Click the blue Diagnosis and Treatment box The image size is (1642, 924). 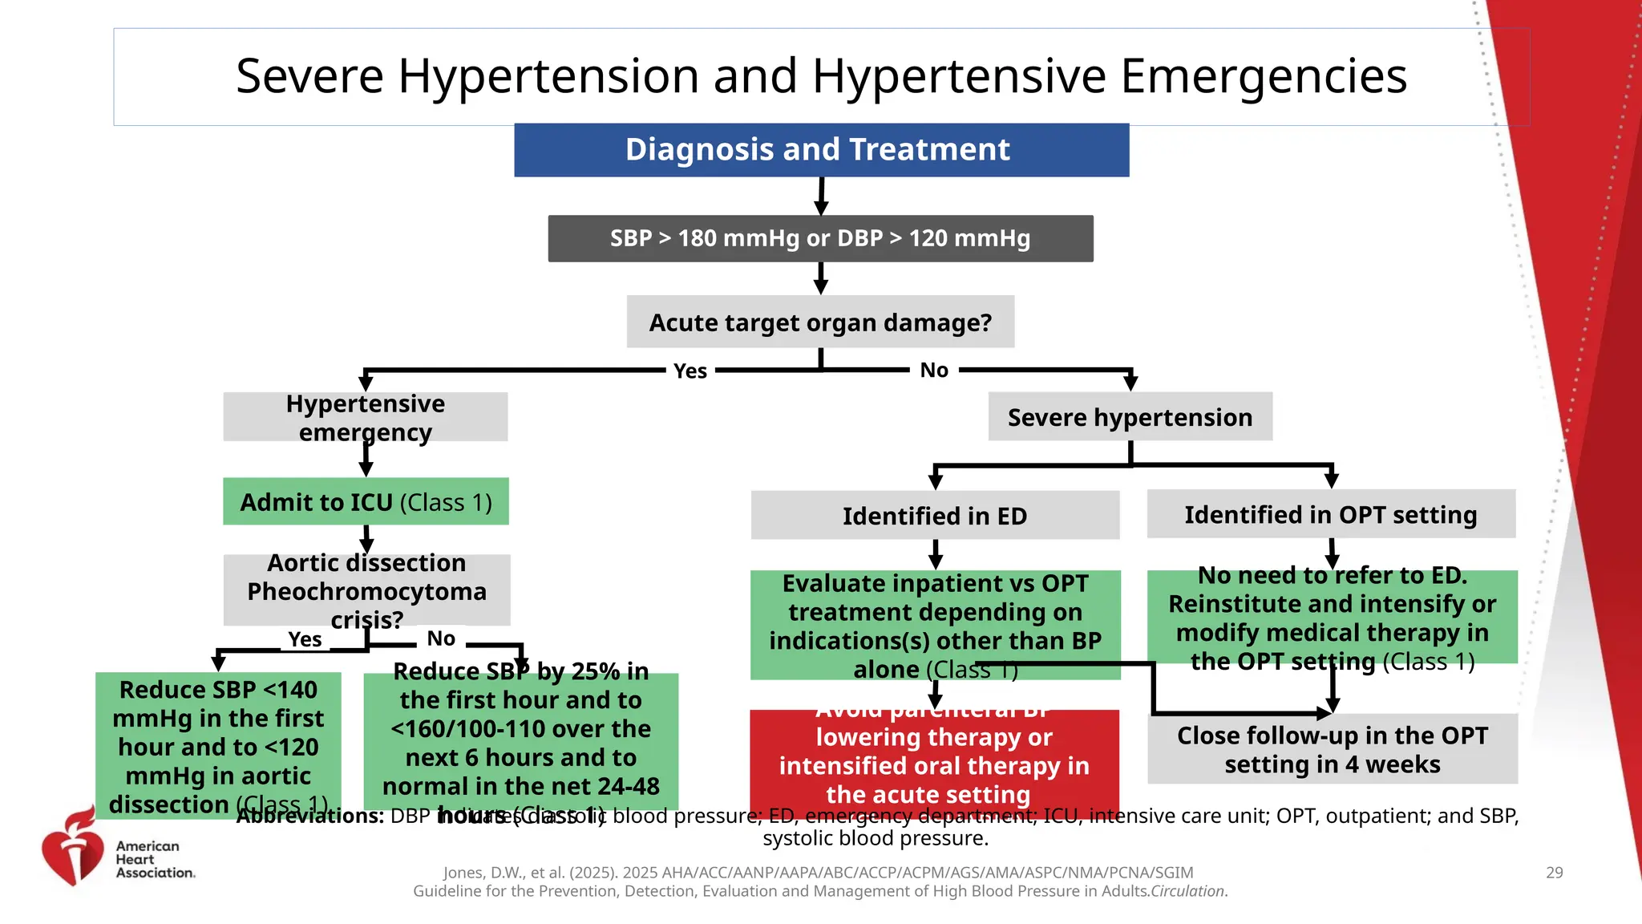(821, 150)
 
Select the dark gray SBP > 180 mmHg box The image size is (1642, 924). (820, 238)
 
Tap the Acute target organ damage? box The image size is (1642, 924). (820, 322)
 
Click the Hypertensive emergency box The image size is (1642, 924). (365, 417)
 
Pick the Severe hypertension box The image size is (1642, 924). (1130, 417)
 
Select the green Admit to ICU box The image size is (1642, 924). (366, 502)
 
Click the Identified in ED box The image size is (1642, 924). (935, 516)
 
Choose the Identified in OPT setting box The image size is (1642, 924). (1331, 514)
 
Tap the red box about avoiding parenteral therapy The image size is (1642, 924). (934, 758)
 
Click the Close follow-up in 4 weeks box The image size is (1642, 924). (1333, 749)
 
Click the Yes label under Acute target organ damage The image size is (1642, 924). (690, 371)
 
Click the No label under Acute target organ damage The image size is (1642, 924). (934, 371)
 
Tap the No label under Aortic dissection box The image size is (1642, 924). (441, 638)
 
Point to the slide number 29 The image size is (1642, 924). (1554, 873)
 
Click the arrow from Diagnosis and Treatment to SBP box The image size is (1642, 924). (821, 197)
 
